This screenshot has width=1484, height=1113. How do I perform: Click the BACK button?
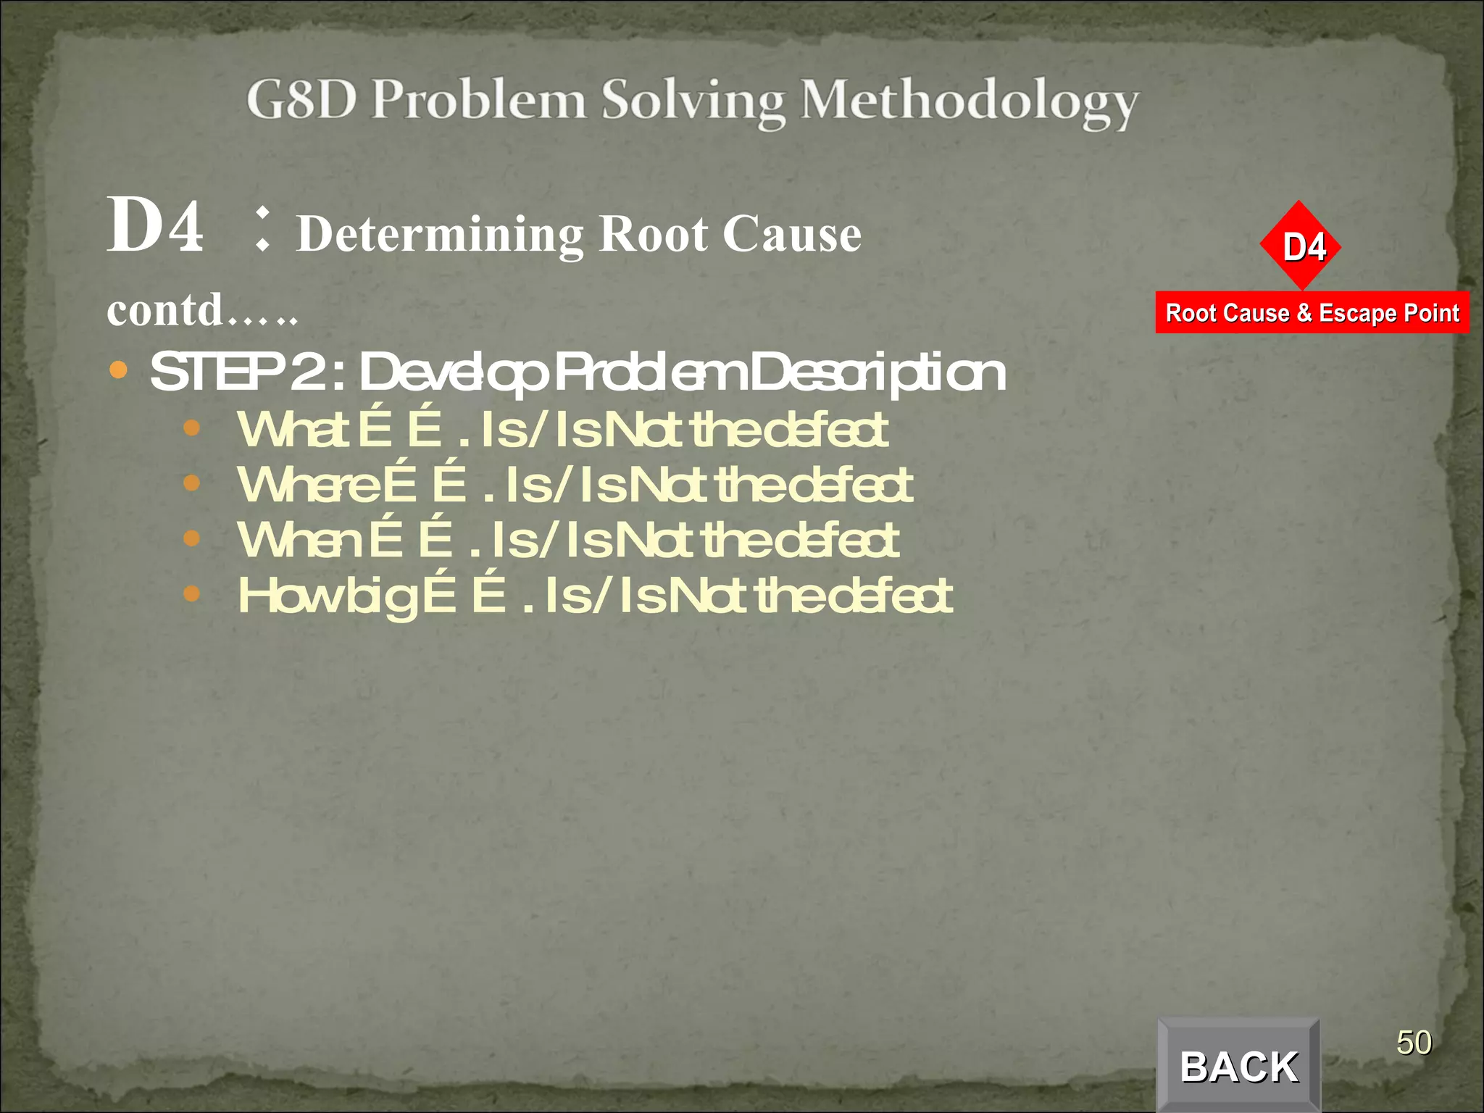(x=1238, y=1066)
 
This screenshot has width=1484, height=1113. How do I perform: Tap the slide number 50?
(x=1414, y=1043)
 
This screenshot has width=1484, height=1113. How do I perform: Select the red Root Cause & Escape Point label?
(x=1312, y=313)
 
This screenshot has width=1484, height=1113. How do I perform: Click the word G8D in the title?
(x=301, y=99)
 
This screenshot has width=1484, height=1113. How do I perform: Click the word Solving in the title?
(x=693, y=101)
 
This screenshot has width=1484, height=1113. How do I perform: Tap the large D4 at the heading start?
(x=155, y=226)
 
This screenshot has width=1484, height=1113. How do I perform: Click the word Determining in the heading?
(x=440, y=235)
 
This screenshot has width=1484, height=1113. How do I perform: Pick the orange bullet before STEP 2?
(x=118, y=371)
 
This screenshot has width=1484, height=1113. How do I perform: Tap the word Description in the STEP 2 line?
(x=878, y=372)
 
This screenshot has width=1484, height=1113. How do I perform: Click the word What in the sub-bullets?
(x=293, y=430)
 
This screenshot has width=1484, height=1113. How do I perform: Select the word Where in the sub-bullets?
(x=309, y=485)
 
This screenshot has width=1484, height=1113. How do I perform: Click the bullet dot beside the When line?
(x=191, y=538)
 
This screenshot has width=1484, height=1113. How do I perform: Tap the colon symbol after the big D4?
(x=263, y=229)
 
